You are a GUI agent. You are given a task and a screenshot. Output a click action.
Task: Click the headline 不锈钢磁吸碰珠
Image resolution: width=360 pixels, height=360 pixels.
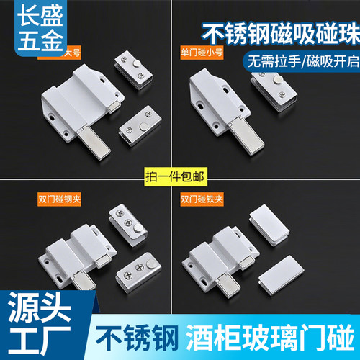click(275, 32)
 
